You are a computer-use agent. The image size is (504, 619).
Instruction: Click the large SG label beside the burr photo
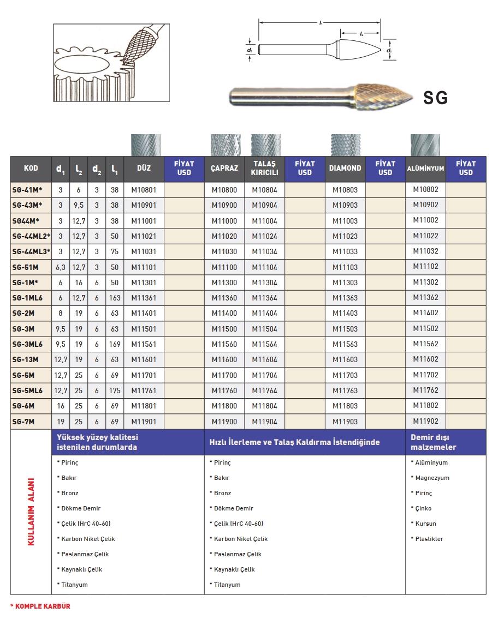[435, 98]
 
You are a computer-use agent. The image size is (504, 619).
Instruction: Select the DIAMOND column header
[345, 168]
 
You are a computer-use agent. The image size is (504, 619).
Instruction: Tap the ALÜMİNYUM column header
[425, 169]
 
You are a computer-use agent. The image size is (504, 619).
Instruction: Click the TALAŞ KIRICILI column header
[264, 168]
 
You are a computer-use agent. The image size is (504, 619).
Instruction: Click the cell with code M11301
[144, 283]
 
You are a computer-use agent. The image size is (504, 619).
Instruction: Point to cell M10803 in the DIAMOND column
[345, 190]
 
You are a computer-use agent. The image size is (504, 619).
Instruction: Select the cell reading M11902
[425, 421]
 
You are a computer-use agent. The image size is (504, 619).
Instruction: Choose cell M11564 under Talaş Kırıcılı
[264, 344]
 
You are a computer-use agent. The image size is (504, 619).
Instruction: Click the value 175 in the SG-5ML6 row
[115, 390]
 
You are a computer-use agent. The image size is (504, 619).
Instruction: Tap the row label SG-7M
[25, 421]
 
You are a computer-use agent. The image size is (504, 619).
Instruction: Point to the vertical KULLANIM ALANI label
[31, 512]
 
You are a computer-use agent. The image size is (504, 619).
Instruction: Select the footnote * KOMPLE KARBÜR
[40, 606]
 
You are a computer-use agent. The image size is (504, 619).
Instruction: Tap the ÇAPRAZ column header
[224, 168]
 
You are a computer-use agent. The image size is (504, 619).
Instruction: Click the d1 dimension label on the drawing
[389, 51]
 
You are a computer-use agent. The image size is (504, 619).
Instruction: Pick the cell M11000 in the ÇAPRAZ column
[224, 221]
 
